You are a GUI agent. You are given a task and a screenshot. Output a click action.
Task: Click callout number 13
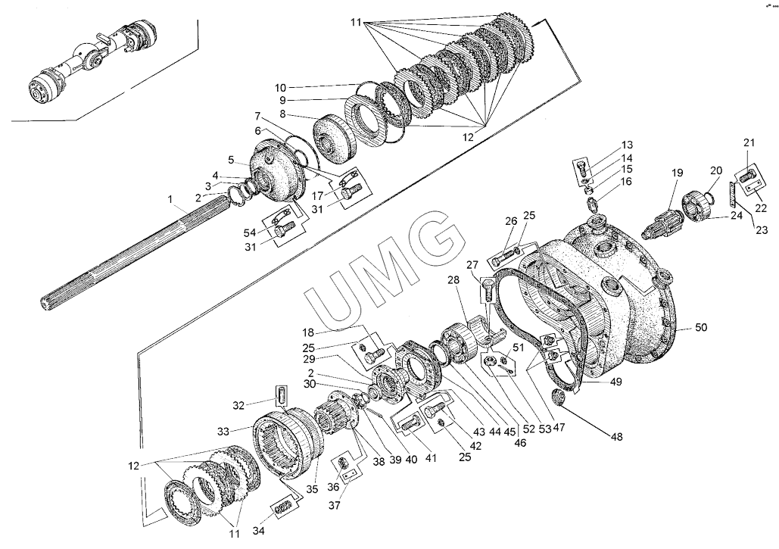[x=628, y=145]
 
